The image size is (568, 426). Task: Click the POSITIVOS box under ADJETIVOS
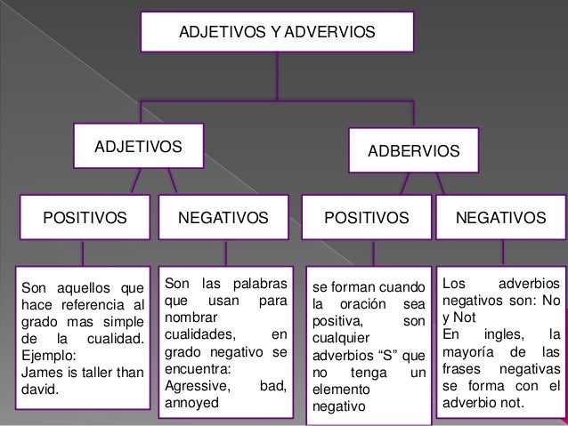coord(80,217)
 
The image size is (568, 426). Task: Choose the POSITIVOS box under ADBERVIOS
coord(366,217)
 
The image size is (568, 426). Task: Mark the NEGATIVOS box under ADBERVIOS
coord(500,217)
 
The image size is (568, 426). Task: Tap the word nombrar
coord(191,317)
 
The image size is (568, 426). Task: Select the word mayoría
coord(470,351)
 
